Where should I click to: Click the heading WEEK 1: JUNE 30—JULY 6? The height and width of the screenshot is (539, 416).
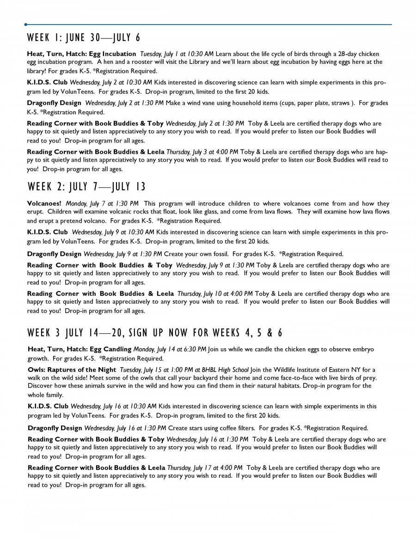pyautogui.click(x=84, y=37)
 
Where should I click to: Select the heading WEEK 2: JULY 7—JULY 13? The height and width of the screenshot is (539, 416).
pyautogui.click(x=86, y=187)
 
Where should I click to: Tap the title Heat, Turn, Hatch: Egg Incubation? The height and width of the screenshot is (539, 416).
pyautogui.click(x=81, y=54)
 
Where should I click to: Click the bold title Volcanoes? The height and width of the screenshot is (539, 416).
pyautogui.click(x=44, y=203)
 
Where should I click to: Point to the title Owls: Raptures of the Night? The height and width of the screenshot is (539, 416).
pyautogui.click(x=72, y=370)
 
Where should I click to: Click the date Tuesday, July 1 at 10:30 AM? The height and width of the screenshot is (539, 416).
pyautogui.click(x=177, y=54)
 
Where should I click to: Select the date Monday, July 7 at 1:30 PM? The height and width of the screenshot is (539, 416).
pyautogui.click(x=102, y=203)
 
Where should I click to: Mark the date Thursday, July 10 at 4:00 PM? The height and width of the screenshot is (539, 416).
pyautogui.click(x=215, y=294)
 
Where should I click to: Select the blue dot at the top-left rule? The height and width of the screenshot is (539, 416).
pyautogui.click(x=26, y=24)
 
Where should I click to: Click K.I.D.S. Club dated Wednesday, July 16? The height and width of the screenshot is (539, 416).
pyautogui.click(x=48, y=406)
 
